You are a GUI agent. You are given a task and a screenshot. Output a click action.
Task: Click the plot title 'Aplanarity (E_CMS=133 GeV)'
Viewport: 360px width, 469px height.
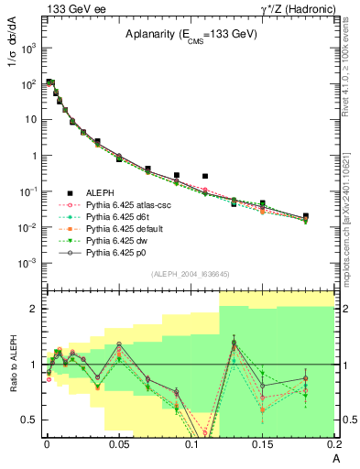(x=190, y=35)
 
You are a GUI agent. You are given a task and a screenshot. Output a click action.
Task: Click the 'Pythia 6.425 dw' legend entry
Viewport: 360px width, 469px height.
(x=116, y=245)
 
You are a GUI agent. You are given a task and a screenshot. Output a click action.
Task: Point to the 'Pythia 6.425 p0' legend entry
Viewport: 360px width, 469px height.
(x=116, y=258)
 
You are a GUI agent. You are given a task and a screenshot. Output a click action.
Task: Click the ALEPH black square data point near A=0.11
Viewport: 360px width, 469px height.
(x=205, y=176)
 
